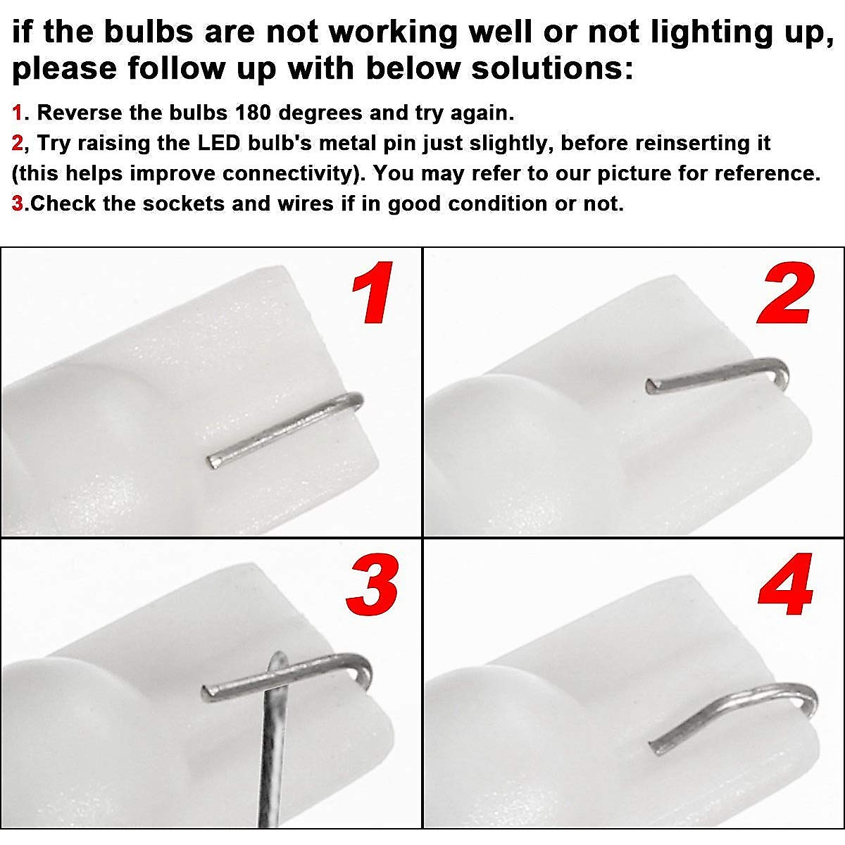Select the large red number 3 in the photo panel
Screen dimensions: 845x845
tap(372, 584)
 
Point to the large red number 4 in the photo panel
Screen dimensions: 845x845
tap(786, 584)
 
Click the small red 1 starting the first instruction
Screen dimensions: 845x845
tap(17, 113)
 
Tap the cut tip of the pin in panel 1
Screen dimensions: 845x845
tap(212, 461)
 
